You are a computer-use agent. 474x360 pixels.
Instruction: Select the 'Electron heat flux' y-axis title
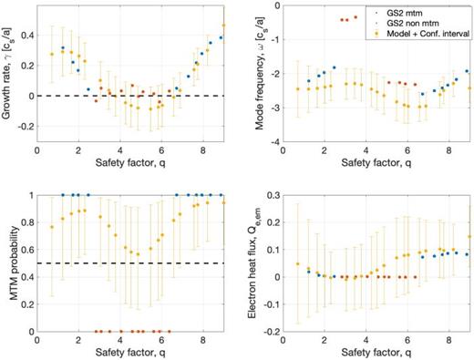(x=252, y=262)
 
